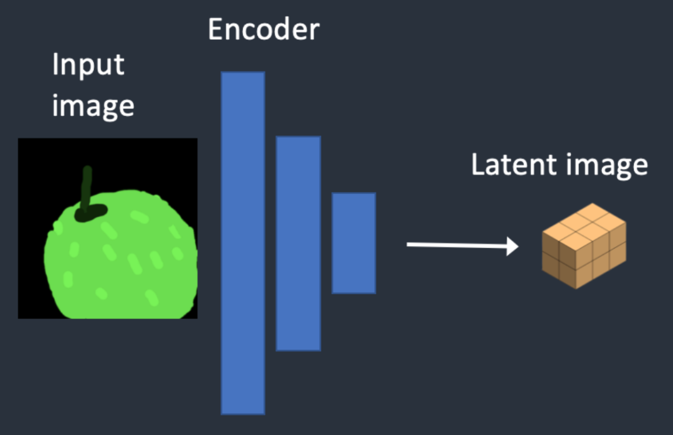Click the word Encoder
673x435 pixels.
coord(263,30)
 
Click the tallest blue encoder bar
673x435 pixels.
coord(242,242)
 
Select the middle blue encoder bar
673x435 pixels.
coord(298,243)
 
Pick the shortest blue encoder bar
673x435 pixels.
coord(353,242)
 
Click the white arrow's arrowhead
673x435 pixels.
coord(512,246)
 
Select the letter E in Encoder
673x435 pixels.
coord(215,30)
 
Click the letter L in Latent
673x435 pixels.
coord(477,165)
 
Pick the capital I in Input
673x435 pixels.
coord(55,65)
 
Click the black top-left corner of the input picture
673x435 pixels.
coord(25,145)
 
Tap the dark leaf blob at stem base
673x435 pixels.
coord(91,213)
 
